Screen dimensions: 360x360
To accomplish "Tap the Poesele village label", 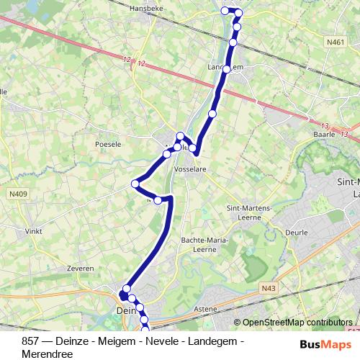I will (108, 144).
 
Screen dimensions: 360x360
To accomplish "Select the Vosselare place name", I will (191, 168).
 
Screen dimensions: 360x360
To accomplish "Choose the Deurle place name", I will (296, 233).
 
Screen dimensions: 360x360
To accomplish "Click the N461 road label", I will (335, 43).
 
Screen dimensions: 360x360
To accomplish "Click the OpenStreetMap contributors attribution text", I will (297, 323).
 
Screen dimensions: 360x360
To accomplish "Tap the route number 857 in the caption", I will (31, 340).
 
